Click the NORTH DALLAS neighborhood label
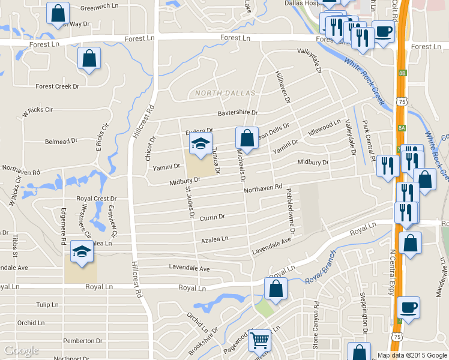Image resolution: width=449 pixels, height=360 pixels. pos(225,93)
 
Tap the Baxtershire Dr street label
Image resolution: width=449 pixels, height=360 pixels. pos(237,112)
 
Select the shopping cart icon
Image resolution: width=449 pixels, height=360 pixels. pos(259,340)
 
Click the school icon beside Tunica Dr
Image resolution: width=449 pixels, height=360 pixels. pos(200,143)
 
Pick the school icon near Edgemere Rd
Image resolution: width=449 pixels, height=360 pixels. pos(82,251)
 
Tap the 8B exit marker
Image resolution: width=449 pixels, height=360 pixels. pos(402,73)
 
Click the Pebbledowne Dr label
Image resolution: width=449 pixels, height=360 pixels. pos(291,211)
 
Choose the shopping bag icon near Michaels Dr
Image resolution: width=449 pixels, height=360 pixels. pos(247,138)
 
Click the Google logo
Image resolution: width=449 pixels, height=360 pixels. pos(22,350)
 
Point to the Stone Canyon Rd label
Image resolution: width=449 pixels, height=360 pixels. pos(316,329)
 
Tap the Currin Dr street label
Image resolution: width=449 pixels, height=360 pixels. pos(212,217)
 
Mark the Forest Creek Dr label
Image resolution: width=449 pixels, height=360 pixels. pos(57,86)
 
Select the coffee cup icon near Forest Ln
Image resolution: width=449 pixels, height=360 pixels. pos(384,31)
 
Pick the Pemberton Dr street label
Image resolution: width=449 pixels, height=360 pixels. pos(79,340)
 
